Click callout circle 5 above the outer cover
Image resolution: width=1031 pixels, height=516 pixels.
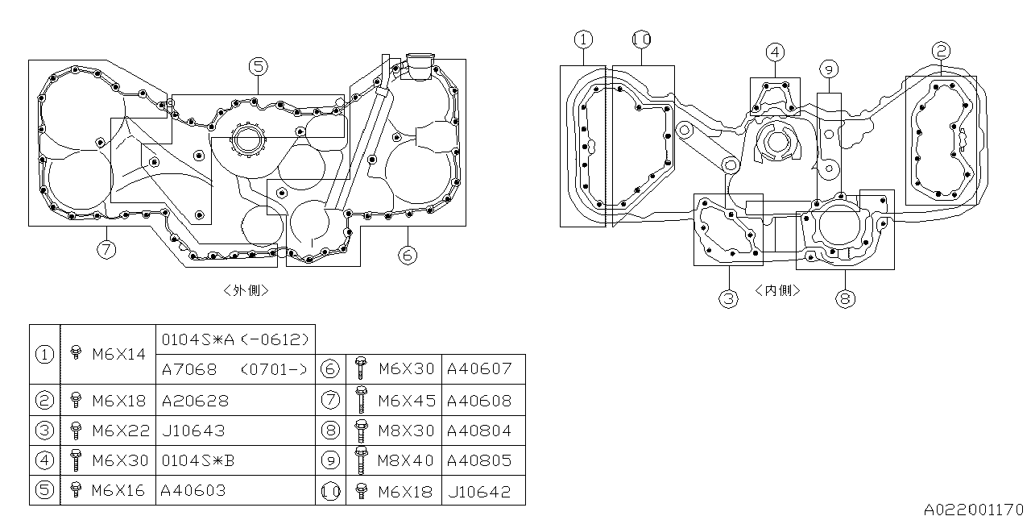tap(258, 66)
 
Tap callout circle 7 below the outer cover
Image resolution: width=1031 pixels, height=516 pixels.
tap(106, 249)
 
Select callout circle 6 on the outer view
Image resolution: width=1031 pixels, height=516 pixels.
tap(408, 255)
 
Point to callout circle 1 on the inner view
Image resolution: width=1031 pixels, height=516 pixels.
tap(583, 39)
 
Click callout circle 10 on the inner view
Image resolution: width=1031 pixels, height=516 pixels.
tap(641, 39)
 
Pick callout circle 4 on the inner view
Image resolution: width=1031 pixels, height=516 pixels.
tap(774, 52)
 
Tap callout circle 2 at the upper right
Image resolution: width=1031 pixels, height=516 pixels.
tap(941, 50)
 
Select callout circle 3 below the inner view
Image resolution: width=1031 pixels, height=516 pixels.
tap(728, 298)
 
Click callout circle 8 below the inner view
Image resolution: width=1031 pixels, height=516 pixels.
tap(844, 298)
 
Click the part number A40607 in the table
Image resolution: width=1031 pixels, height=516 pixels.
tap(478, 369)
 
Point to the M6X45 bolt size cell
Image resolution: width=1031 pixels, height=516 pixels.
tap(406, 400)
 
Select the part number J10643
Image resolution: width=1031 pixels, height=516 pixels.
tap(193, 431)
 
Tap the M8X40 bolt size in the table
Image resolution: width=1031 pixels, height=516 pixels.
tap(406, 460)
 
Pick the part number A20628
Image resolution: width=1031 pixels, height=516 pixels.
tap(195, 400)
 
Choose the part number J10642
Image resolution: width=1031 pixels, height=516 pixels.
tap(478, 491)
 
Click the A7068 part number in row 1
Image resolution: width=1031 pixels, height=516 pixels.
tap(189, 369)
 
